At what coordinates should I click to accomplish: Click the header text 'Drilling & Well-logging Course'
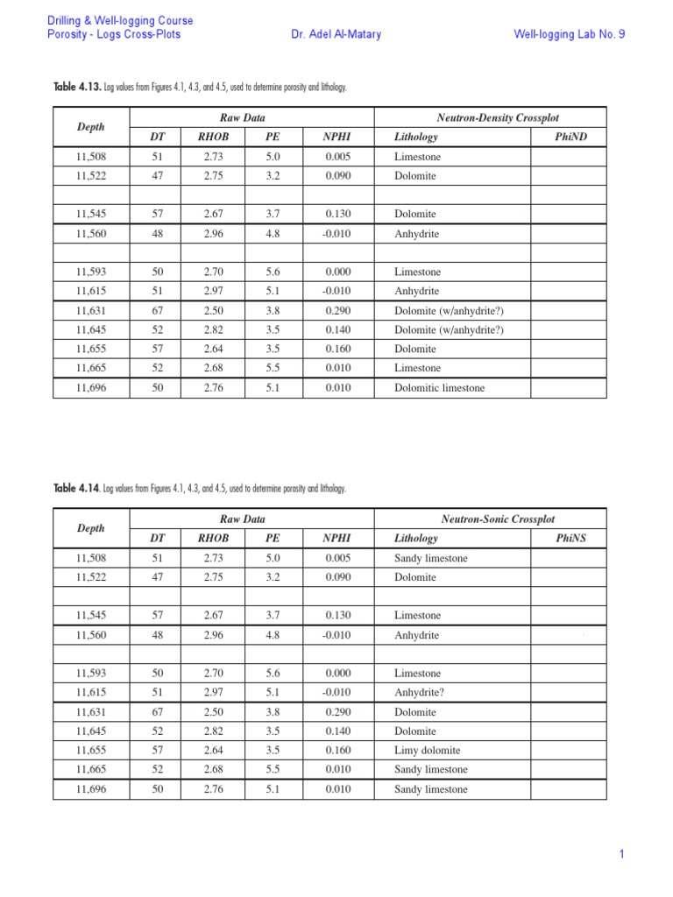coord(120,20)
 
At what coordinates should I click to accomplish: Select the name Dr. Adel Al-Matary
coord(336,35)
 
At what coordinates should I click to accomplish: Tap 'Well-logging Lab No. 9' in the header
coord(570,35)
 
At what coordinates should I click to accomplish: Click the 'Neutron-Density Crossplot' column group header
coord(490,117)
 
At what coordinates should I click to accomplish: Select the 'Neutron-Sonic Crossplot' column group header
coord(490,519)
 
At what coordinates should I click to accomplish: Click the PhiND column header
coord(571,137)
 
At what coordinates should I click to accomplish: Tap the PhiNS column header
coord(571,539)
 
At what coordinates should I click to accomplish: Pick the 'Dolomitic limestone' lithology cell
coord(439,388)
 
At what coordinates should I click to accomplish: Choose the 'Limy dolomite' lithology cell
coord(427,751)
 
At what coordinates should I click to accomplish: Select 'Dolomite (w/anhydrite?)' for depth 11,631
coord(449,311)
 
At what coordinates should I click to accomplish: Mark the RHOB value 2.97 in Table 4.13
coord(213,292)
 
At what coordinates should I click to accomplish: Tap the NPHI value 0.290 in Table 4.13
coord(337,311)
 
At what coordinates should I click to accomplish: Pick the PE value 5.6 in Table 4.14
coord(273,674)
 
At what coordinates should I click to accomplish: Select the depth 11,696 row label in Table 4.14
coord(90,789)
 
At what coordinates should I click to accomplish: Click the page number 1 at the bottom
coord(621,855)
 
